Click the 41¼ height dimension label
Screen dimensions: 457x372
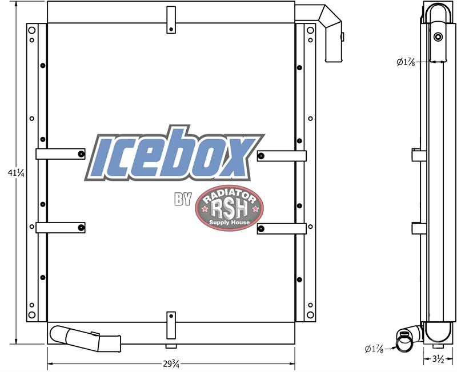click(x=16, y=173)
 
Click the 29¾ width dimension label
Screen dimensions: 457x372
click(x=171, y=364)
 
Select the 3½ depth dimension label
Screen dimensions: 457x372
click(x=438, y=359)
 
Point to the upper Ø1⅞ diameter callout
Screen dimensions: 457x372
click(x=406, y=62)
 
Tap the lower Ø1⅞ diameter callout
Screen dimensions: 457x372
click(x=374, y=349)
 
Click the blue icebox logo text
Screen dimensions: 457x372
click(x=174, y=153)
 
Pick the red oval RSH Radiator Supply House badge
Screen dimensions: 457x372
click(x=230, y=208)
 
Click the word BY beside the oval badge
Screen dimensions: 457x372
click(x=183, y=199)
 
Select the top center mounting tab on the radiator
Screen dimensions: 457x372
click(x=171, y=20)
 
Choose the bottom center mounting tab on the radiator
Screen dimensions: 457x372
click(x=171, y=325)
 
